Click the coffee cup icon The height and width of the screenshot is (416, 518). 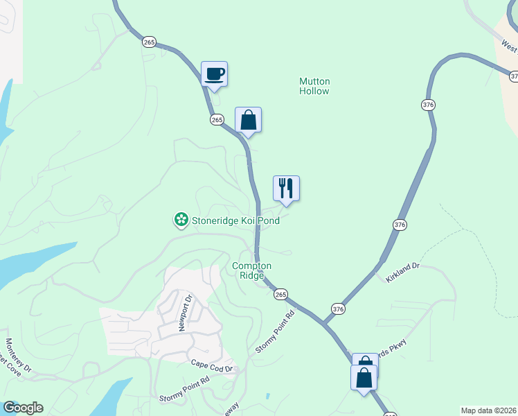click(214, 73)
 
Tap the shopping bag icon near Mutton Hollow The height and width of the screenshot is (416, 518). click(248, 120)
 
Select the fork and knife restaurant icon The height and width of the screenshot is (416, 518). click(286, 188)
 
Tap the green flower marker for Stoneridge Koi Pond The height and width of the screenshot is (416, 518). click(180, 220)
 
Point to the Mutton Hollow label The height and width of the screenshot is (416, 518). click(314, 86)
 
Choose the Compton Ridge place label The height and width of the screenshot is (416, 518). click(251, 270)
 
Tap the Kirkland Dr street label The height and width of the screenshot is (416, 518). click(403, 270)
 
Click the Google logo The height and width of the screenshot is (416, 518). click(23, 408)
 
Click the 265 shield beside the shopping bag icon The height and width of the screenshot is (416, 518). click(217, 119)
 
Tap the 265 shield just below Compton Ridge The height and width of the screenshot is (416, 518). click(280, 295)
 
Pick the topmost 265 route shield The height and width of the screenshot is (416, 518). click(150, 42)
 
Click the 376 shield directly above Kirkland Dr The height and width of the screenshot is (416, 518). click(400, 225)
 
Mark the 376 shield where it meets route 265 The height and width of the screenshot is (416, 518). click(337, 309)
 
